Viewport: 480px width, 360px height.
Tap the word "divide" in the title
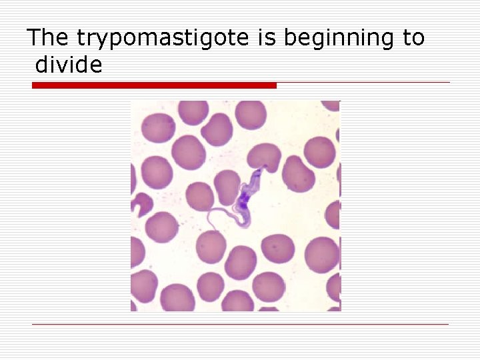point(69,65)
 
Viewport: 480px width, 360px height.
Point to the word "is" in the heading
point(267,38)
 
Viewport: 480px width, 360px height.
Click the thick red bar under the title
point(154,85)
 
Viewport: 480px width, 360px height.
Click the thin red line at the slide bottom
point(240,325)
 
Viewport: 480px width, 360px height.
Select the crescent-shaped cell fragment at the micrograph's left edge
point(141,204)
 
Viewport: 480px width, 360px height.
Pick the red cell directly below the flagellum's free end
point(211,245)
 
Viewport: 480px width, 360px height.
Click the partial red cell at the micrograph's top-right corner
point(331,105)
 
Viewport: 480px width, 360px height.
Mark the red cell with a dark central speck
point(275,249)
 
